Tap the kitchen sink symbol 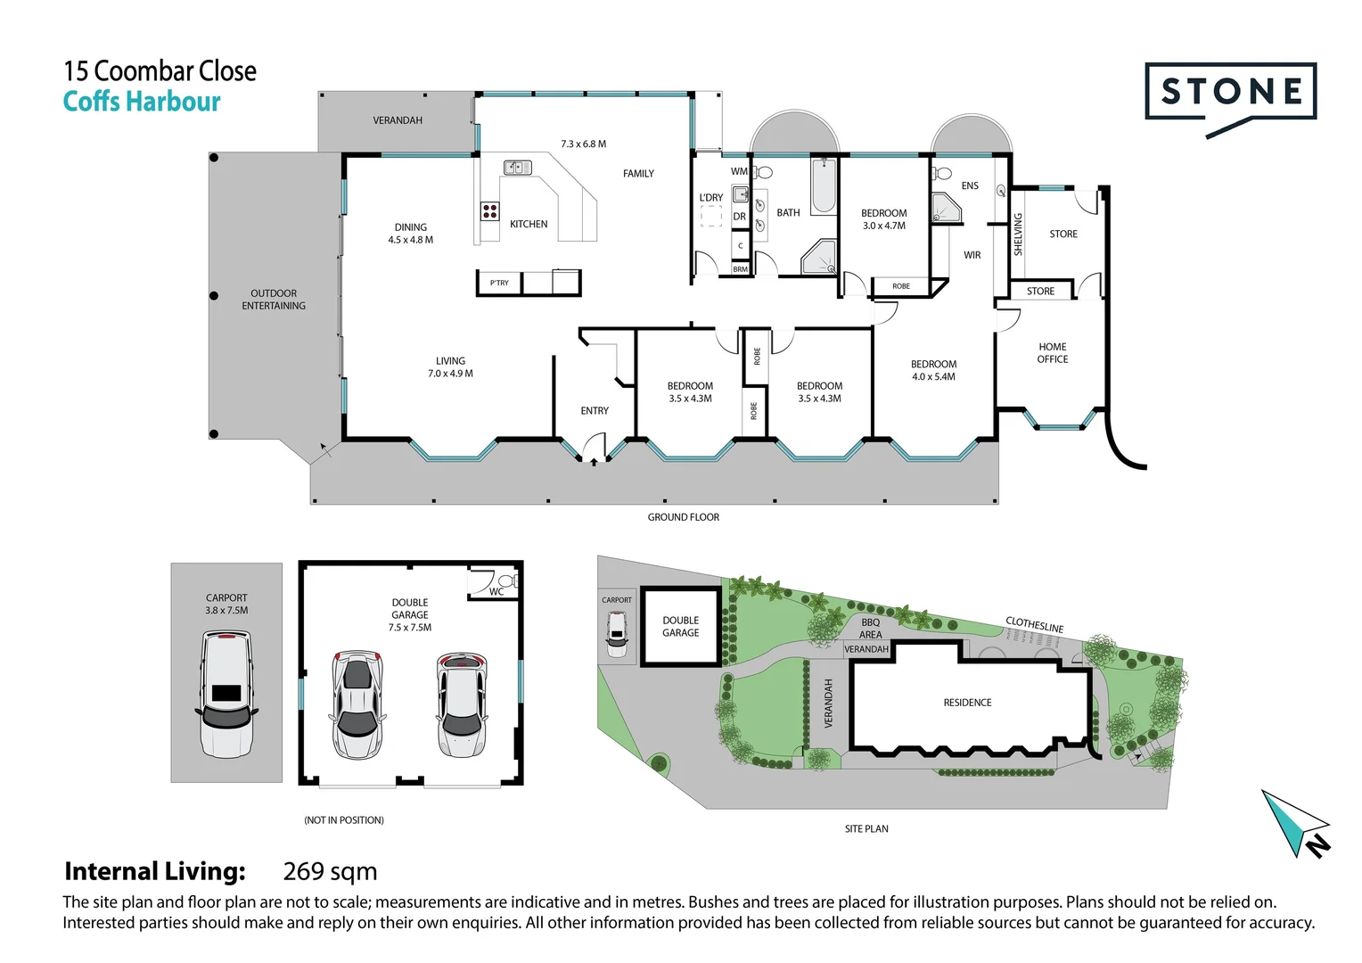[518, 168]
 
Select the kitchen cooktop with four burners [490, 211]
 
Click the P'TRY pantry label [499, 283]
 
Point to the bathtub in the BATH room [824, 185]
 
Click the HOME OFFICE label [1053, 353]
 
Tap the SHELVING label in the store [1019, 235]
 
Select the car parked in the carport [226, 694]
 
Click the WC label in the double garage [496, 592]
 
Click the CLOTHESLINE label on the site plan [1034, 625]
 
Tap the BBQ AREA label [871, 629]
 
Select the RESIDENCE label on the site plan [967, 703]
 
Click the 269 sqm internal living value [330, 871]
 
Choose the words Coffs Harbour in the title [142, 102]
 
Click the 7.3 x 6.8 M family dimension [583, 144]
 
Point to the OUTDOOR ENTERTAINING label [274, 300]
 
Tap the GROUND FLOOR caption [684, 517]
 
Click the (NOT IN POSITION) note [344, 820]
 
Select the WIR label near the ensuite [972, 255]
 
